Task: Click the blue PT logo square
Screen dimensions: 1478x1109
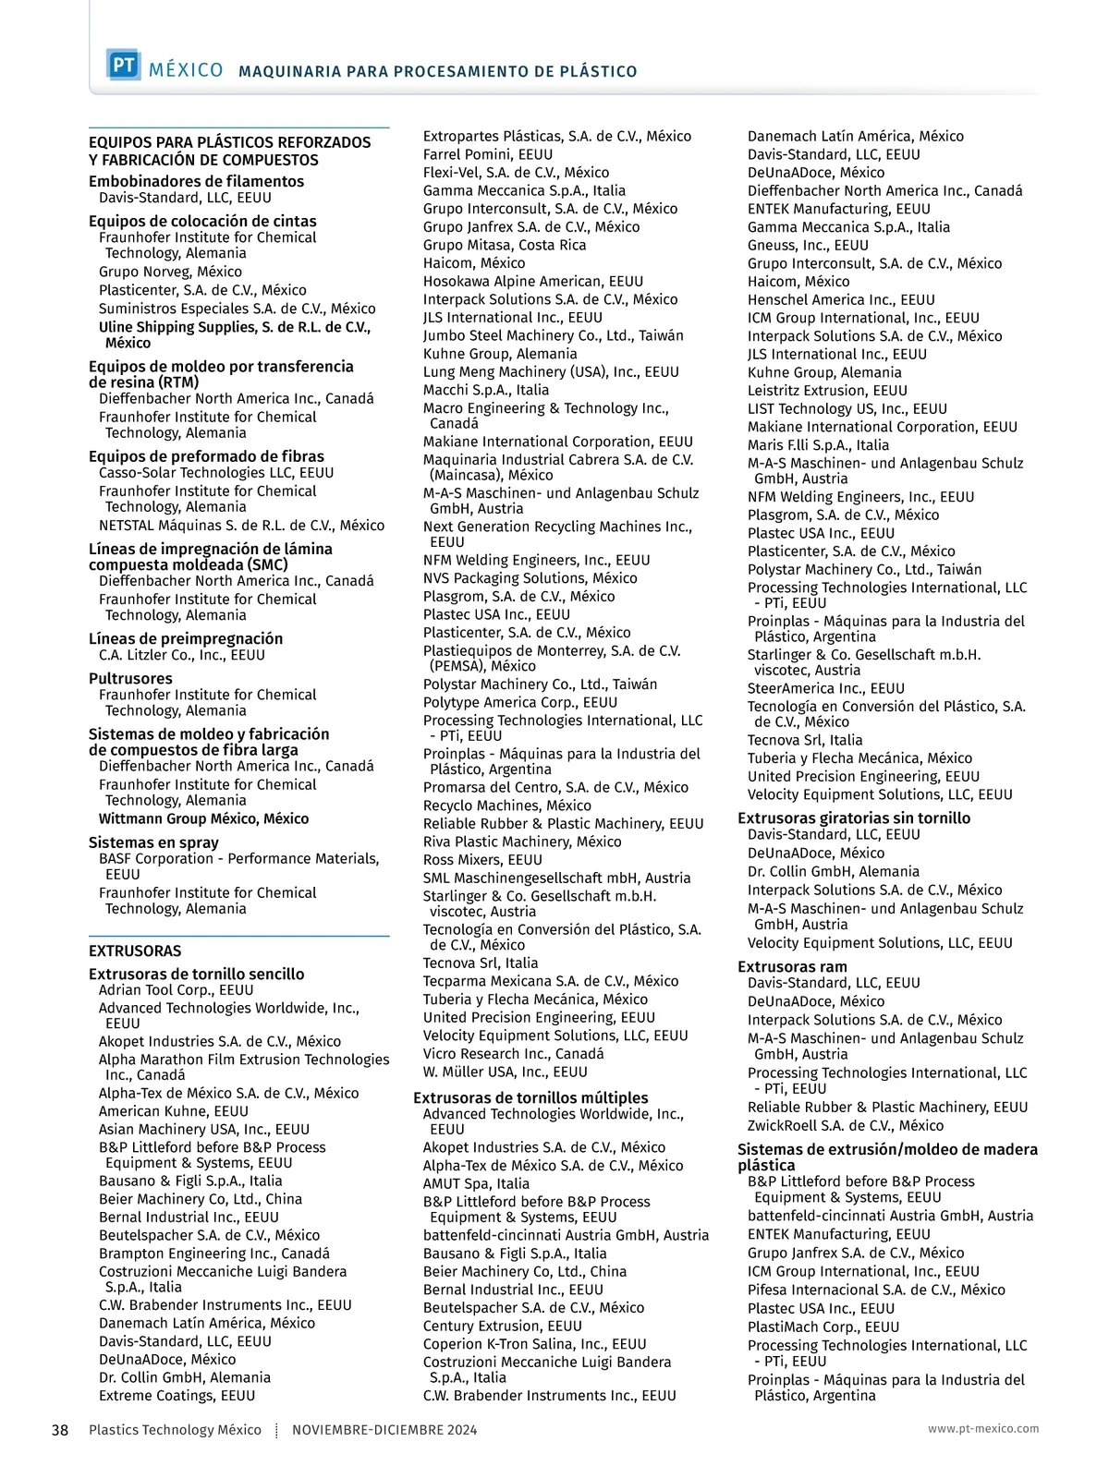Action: (123, 66)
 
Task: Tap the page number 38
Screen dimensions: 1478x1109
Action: (60, 1430)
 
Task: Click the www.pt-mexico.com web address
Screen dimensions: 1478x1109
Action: (983, 1428)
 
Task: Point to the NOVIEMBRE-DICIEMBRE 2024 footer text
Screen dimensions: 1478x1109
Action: (384, 1430)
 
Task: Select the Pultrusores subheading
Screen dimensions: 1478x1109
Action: (130, 678)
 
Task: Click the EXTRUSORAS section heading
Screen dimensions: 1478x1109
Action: (135, 951)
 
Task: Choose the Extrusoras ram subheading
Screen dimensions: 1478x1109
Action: (792, 966)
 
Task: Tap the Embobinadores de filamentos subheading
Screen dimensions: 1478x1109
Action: (196, 181)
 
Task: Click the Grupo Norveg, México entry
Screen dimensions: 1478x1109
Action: (170, 272)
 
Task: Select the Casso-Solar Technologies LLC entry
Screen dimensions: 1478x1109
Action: (216, 472)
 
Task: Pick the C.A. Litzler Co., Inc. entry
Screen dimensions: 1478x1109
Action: (181, 655)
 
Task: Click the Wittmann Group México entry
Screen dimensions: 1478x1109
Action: (203, 818)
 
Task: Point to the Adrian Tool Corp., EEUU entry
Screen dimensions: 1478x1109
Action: (176, 990)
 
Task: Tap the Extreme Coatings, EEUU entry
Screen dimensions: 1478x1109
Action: (177, 1396)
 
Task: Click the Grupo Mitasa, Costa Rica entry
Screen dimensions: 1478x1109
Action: (504, 245)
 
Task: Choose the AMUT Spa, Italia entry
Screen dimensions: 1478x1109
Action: (476, 1183)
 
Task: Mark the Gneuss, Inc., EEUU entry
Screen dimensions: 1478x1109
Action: (808, 245)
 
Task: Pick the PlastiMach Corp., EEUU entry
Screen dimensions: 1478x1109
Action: (823, 1327)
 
